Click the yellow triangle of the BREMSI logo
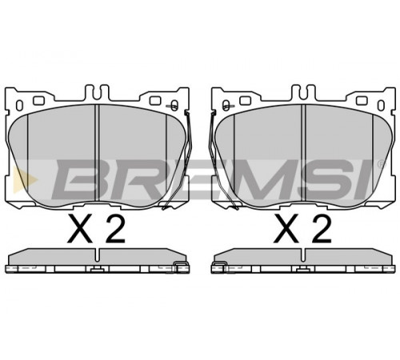(x=22, y=179)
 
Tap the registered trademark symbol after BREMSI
(x=382, y=163)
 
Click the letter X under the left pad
(x=80, y=229)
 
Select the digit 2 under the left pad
(x=115, y=229)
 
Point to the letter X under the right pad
(x=286, y=229)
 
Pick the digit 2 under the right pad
(x=322, y=229)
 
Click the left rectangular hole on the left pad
(x=38, y=101)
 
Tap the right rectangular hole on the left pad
(x=155, y=101)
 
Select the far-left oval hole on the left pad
(x=20, y=106)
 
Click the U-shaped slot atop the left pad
(x=97, y=94)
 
